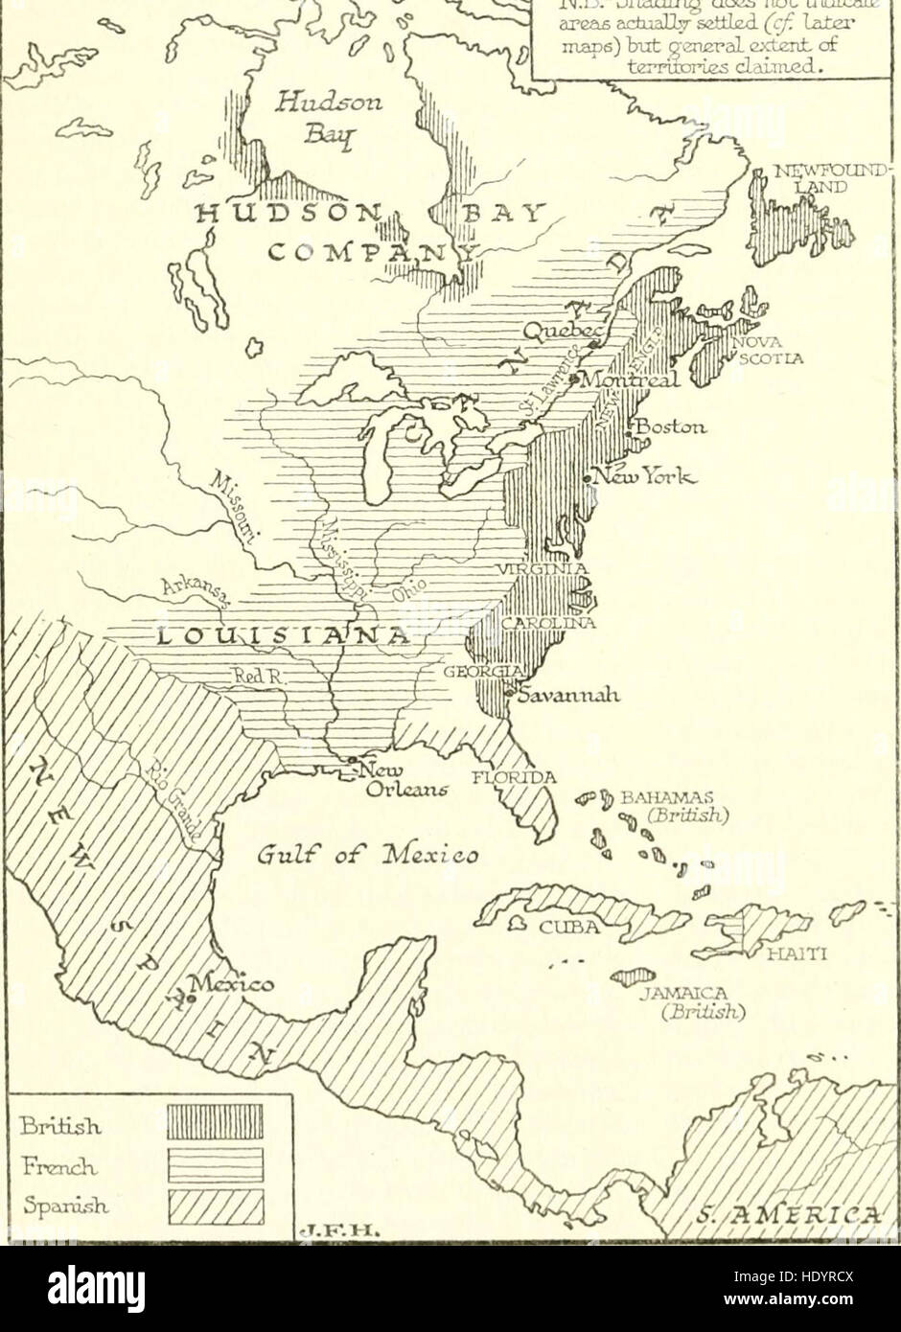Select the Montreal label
(x=632, y=379)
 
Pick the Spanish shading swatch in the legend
(x=215, y=1207)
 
